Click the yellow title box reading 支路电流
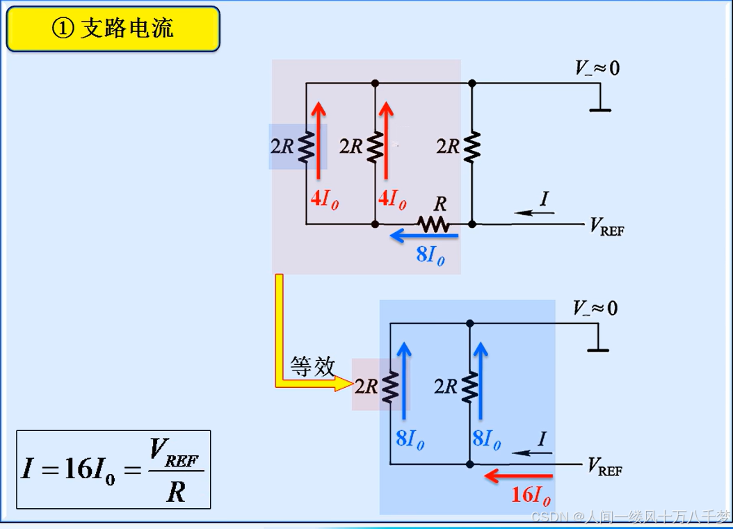click(x=113, y=29)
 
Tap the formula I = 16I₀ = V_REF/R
click(x=113, y=470)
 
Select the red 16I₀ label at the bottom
click(x=531, y=496)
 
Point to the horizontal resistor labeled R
click(x=434, y=223)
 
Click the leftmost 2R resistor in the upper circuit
click(x=306, y=147)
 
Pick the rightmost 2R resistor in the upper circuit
click(x=472, y=147)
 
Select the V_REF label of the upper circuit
click(x=606, y=226)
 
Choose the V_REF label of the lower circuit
click(x=605, y=467)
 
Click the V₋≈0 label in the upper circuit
click(x=597, y=68)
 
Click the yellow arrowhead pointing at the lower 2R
click(x=344, y=383)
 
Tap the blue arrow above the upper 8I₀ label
click(x=424, y=236)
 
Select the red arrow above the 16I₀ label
click(x=519, y=476)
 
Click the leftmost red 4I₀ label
click(x=324, y=200)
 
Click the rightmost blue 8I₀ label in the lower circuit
click(x=486, y=439)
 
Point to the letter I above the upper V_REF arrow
click(x=545, y=200)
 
